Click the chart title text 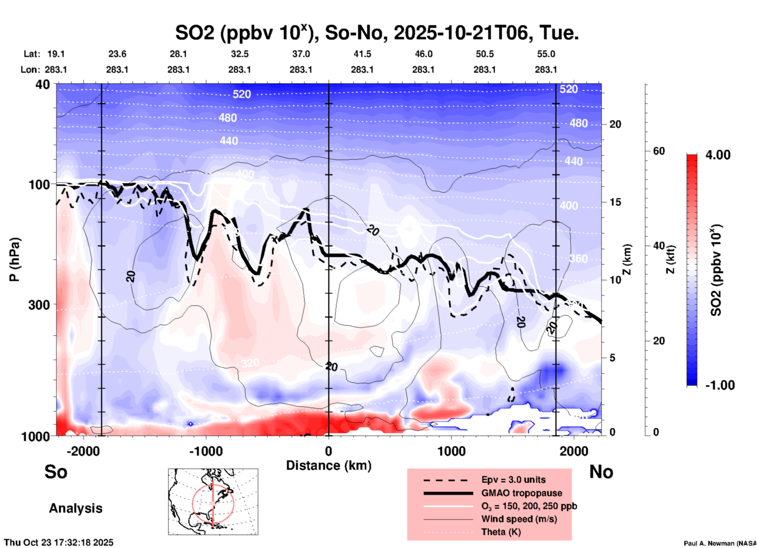(x=377, y=33)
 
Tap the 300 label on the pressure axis (x=39, y=305)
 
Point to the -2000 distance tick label (x=83, y=451)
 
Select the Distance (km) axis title (x=329, y=465)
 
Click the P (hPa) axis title (x=15, y=259)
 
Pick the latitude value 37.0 (x=301, y=54)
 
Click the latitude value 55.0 (x=546, y=54)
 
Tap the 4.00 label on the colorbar (x=718, y=155)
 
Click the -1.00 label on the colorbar (x=720, y=385)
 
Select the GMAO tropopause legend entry (x=522, y=493)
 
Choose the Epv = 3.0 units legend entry (x=513, y=480)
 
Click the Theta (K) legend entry (x=501, y=532)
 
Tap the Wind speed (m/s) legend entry (x=519, y=519)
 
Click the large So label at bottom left (x=56, y=472)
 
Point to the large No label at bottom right (x=601, y=472)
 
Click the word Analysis (x=75, y=508)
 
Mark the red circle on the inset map (x=193, y=503)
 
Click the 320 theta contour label (x=250, y=363)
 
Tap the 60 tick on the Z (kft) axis (x=659, y=151)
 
